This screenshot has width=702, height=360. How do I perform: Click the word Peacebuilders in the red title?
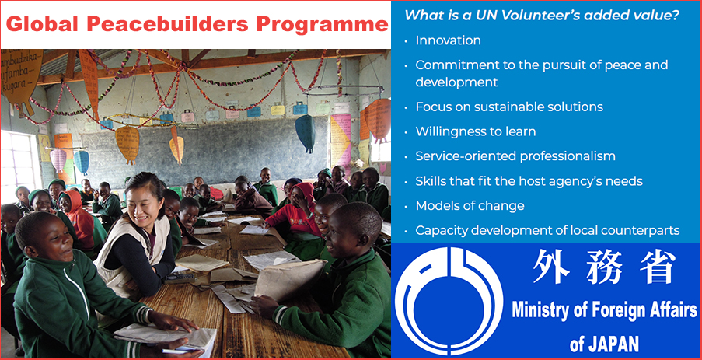coord(160,24)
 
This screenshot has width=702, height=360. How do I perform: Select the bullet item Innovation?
coord(448,40)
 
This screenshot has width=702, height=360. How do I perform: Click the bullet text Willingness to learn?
coord(476,131)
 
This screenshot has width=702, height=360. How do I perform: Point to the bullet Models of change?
coord(470,206)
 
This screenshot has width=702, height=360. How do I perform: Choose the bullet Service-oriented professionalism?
coord(515,156)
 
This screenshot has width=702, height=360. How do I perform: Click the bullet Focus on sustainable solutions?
coord(509,107)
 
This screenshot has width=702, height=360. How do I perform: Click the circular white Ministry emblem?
coord(449,302)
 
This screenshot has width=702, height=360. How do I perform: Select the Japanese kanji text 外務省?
coord(604,267)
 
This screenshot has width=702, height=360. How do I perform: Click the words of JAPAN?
coord(604,344)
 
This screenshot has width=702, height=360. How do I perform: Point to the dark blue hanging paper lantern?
coord(306,133)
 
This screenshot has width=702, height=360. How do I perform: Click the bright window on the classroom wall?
coord(19,160)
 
